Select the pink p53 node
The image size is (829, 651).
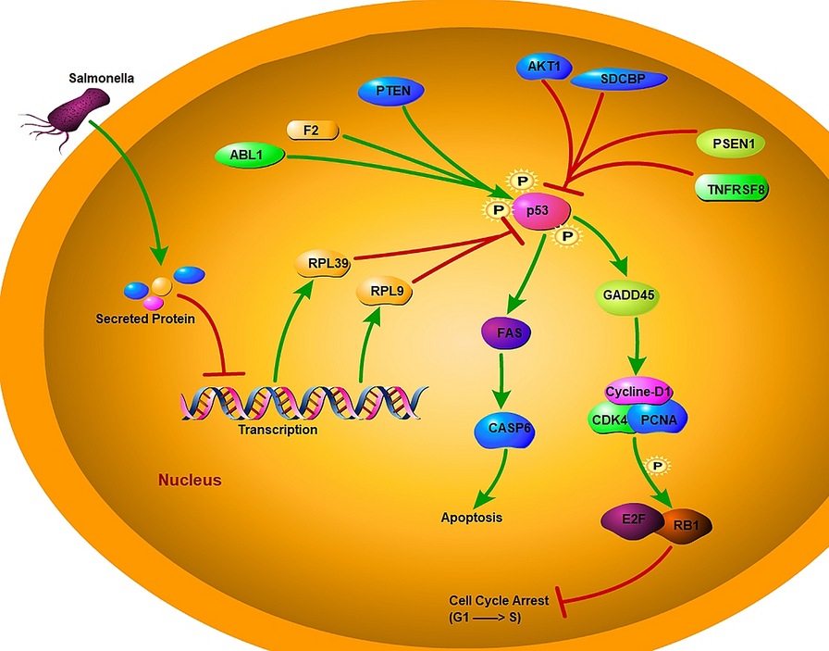538,210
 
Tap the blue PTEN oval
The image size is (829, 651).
390,91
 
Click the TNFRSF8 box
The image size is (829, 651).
731,189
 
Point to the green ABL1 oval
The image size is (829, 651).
249,156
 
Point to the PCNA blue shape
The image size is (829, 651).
660,419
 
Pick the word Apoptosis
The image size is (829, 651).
471,517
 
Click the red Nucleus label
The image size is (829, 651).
190,481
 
